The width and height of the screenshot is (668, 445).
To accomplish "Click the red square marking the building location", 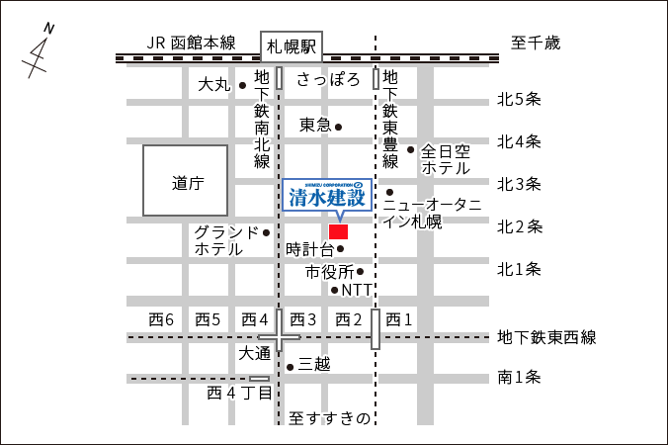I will click(x=339, y=231).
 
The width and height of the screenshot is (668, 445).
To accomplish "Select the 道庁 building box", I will click(x=186, y=181).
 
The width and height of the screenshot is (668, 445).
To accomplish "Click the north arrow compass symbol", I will click(x=39, y=52).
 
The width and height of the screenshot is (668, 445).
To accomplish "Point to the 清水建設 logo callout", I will click(x=327, y=195).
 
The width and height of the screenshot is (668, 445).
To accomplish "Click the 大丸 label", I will click(x=213, y=85).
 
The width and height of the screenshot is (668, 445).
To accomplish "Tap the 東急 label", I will click(x=315, y=126).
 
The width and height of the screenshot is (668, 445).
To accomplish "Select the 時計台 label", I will click(x=309, y=249).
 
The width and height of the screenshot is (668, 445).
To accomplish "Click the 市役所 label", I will click(x=329, y=271).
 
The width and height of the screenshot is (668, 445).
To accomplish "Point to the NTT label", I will click(x=358, y=291).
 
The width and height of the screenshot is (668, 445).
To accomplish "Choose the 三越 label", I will click(x=314, y=365).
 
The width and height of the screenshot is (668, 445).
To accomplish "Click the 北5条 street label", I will click(x=520, y=99).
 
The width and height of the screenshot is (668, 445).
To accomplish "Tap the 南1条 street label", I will click(x=520, y=377).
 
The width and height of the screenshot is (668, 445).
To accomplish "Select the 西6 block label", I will click(x=161, y=319).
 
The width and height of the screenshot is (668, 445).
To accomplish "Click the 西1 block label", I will click(x=398, y=319).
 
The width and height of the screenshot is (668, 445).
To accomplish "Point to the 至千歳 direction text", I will click(x=535, y=44).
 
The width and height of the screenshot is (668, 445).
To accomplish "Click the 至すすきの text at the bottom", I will click(x=330, y=418).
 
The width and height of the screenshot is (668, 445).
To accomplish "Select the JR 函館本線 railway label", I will click(x=191, y=43).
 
